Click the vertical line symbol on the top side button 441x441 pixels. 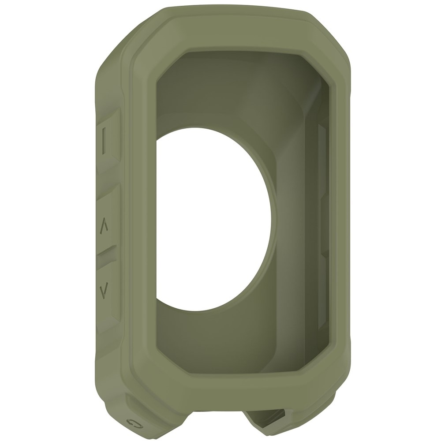104,141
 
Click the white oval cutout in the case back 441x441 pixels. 212,220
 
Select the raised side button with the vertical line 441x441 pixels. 108,141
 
